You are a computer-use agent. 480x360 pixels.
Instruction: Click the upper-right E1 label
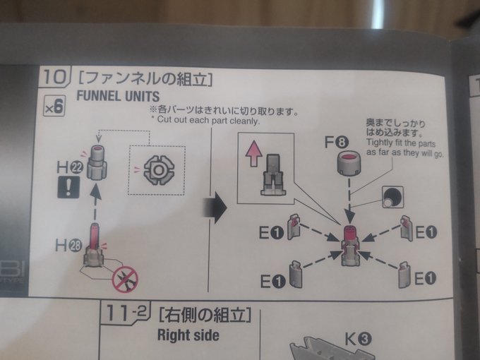(426, 233)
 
